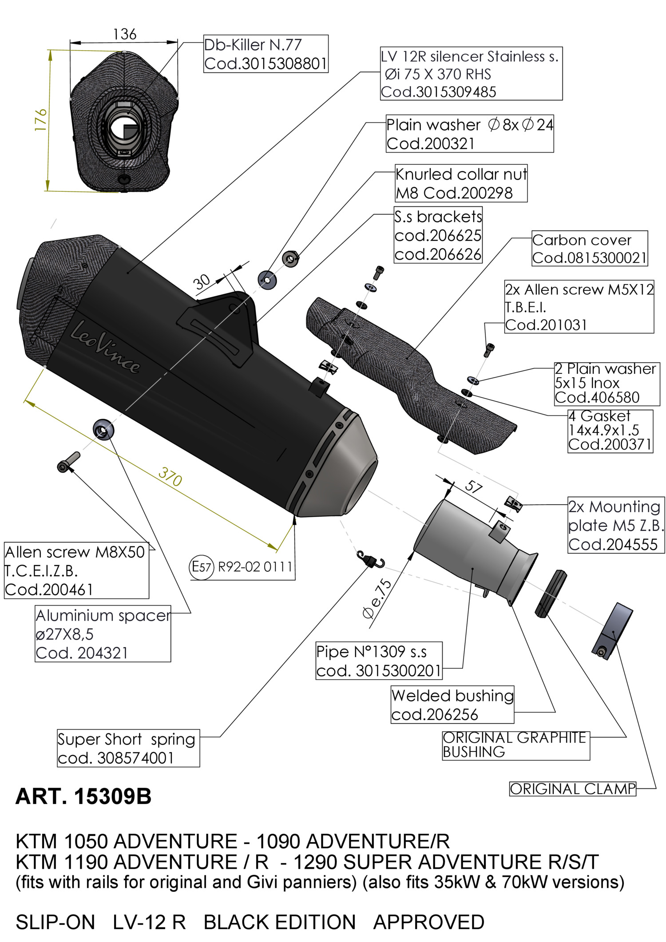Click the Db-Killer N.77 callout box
[x=266, y=54]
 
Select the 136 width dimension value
[x=124, y=34]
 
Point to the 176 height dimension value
[x=40, y=119]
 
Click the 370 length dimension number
[x=170, y=477]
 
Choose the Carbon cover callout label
[x=590, y=248]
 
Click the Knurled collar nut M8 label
[x=461, y=183]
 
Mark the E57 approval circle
[x=202, y=567]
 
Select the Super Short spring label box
[x=128, y=748]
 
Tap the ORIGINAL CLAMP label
[x=572, y=788]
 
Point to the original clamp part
[x=612, y=630]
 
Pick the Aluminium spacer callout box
[x=103, y=633]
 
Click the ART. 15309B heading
[x=83, y=796]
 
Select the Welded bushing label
[x=452, y=705]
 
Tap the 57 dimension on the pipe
[x=473, y=487]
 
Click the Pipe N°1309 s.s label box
[x=379, y=661]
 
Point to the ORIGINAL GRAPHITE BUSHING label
[x=516, y=745]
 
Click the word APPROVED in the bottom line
[x=428, y=922]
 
